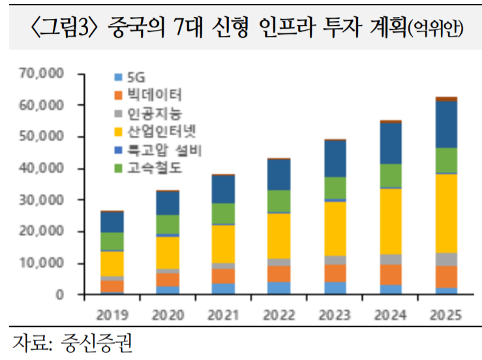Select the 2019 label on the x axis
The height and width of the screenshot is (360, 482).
pos(112,313)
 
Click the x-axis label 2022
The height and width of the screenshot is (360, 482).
pos(280,313)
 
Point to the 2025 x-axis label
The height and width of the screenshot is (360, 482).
pos(446,313)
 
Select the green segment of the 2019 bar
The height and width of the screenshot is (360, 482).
pos(112,241)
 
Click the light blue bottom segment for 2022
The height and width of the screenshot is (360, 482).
pos(280,288)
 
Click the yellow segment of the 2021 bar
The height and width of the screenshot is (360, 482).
pos(224,244)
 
